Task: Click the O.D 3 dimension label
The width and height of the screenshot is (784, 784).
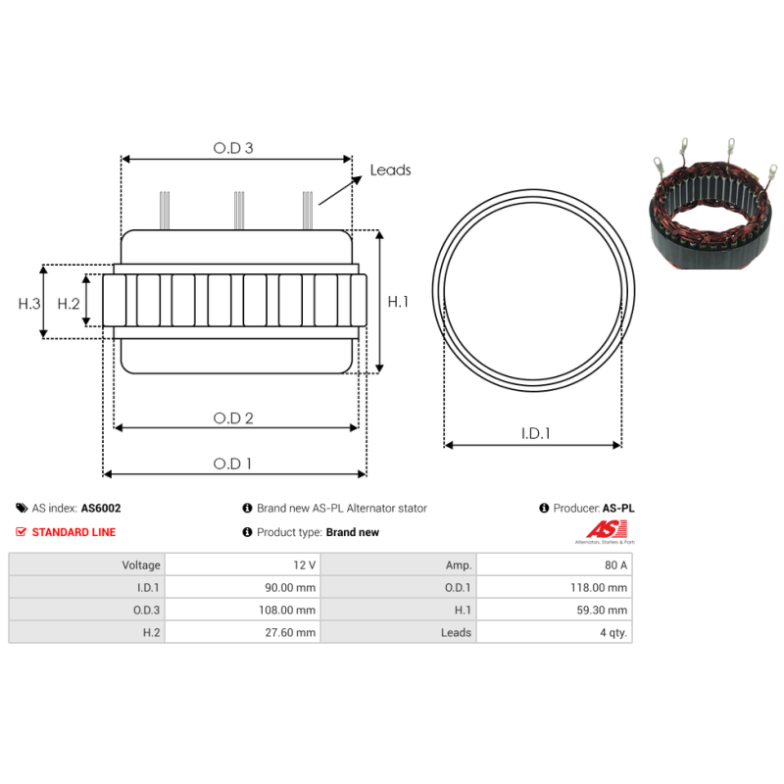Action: (x=233, y=148)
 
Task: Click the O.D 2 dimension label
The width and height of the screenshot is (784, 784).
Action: (x=233, y=417)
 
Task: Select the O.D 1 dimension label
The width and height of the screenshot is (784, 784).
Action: (x=233, y=464)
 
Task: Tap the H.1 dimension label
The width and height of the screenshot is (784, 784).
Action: (x=398, y=302)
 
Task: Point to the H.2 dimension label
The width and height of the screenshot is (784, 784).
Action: (x=68, y=303)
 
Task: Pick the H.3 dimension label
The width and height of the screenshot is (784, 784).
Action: (x=29, y=303)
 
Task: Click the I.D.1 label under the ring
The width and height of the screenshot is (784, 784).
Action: (x=535, y=433)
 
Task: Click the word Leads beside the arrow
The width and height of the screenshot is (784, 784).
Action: (x=390, y=170)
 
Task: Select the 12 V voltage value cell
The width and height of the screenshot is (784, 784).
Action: (x=304, y=564)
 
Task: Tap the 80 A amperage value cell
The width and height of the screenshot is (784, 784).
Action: (x=615, y=564)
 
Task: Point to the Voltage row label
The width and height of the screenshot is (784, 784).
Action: (x=140, y=564)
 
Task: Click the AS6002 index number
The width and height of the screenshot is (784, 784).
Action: (x=101, y=509)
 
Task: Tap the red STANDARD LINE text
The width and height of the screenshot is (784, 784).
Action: (x=73, y=532)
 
